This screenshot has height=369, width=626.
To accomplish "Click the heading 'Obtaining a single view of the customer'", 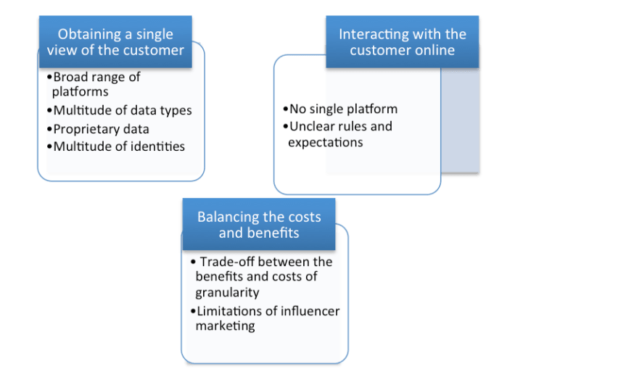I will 115,41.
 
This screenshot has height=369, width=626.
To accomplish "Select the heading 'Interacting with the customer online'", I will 402,41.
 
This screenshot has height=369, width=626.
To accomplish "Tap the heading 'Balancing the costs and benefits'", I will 258,225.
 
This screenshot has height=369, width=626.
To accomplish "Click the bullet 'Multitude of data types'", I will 122,110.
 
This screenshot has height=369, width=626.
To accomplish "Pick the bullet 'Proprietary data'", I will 101,128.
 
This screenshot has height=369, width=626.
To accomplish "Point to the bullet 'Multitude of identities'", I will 118,146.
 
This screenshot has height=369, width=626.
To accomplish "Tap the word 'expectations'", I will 325,143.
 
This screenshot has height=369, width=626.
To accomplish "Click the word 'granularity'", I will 227,293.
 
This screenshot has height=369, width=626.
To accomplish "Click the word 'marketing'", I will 225,326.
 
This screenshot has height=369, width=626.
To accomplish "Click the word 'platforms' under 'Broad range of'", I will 80,92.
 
